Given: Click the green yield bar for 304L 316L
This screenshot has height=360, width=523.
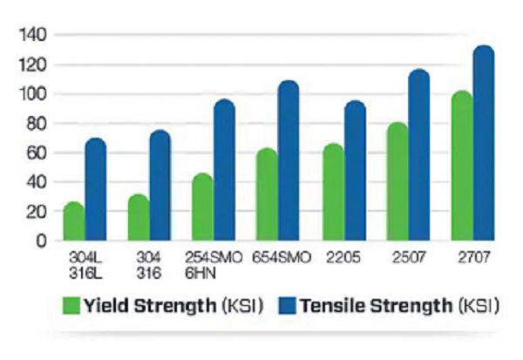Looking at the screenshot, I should click(x=74, y=222).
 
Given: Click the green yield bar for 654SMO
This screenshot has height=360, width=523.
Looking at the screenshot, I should click(x=267, y=195).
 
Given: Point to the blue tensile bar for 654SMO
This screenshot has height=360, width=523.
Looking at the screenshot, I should click(x=289, y=160).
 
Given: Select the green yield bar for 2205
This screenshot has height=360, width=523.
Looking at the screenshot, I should click(x=331, y=193).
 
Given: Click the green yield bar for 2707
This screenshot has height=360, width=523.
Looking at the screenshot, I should click(x=461, y=166).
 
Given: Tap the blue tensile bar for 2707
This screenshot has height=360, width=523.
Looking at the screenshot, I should click(x=483, y=144).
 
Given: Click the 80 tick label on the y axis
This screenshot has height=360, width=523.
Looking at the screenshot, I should click(x=36, y=124).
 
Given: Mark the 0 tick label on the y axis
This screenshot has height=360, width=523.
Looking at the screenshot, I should click(x=40, y=241).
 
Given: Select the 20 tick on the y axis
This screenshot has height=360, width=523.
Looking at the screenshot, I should click(x=36, y=212).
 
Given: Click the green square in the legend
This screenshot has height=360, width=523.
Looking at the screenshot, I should click(x=71, y=306).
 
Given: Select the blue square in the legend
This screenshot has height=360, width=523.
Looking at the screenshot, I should click(x=288, y=306).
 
